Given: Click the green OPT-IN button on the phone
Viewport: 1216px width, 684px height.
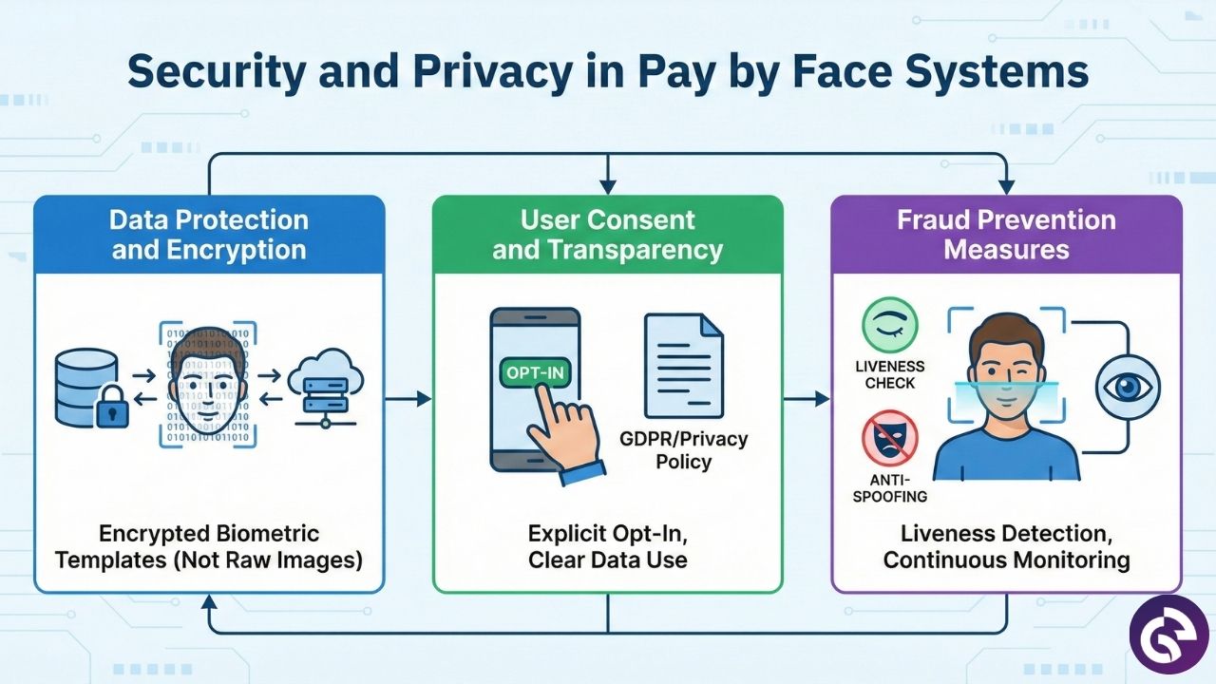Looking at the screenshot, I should (535, 372).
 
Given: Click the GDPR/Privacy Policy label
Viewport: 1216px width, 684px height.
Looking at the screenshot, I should (684, 450).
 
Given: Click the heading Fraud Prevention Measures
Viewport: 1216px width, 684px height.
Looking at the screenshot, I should (1006, 235).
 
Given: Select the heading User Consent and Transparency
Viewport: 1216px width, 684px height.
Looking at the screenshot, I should (608, 235).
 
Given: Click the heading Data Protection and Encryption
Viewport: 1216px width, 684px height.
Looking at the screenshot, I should (209, 235).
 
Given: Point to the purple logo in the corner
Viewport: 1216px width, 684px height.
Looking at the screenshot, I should (1168, 635).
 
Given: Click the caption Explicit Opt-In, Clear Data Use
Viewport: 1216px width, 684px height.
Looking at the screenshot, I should (608, 546).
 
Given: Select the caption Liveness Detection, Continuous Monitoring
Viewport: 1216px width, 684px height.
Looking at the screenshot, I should (1006, 546).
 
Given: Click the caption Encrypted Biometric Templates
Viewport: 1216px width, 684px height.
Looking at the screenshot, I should (209, 546).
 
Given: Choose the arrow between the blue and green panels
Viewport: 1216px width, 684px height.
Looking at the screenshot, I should (408, 399).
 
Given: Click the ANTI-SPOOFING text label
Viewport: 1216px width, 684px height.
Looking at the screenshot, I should (890, 486).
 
